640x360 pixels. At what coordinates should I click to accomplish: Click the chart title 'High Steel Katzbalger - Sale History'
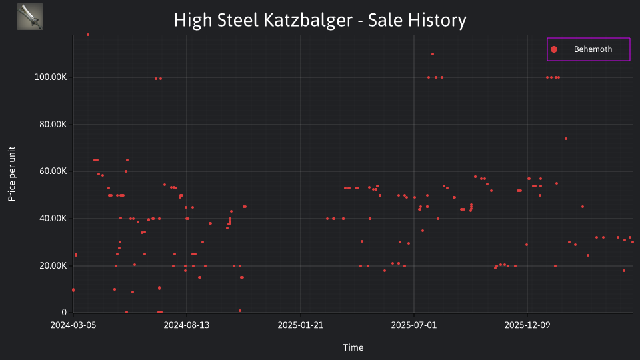(x=320, y=20)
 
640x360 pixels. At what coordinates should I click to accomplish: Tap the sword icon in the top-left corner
(x=30, y=17)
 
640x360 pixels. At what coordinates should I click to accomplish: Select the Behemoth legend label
(x=593, y=49)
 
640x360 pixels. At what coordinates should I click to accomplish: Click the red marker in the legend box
(x=554, y=49)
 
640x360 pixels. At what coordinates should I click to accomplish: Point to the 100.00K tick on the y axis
(x=50, y=77)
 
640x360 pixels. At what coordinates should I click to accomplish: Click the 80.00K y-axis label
(x=53, y=125)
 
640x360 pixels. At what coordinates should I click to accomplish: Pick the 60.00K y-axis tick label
(x=53, y=171)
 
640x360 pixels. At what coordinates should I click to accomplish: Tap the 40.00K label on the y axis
(x=53, y=219)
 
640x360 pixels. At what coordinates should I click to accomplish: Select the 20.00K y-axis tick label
(x=53, y=266)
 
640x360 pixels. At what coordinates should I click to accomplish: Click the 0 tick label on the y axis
(x=64, y=313)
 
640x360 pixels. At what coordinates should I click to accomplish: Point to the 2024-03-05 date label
(x=73, y=325)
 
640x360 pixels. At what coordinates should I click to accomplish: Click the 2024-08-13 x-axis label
(x=187, y=325)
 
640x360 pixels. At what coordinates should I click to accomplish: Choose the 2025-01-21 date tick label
(x=301, y=325)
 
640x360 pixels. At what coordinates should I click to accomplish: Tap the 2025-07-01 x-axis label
(x=414, y=325)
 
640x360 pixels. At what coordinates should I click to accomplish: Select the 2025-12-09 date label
(x=527, y=325)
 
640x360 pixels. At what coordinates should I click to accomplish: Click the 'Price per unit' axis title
(x=12, y=174)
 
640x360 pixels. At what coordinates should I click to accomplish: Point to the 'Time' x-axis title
(x=353, y=347)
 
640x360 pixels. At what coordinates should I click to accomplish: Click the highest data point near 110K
(x=433, y=54)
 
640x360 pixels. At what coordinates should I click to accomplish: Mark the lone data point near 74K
(x=566, y=139)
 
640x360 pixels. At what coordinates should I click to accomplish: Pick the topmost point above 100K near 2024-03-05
(x=88, y=35)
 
